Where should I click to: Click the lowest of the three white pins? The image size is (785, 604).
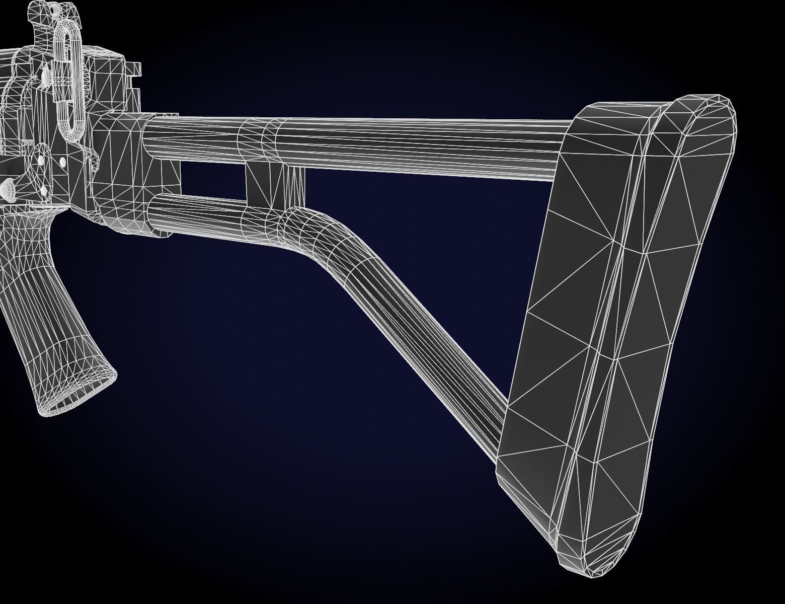tap(44, 190)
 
